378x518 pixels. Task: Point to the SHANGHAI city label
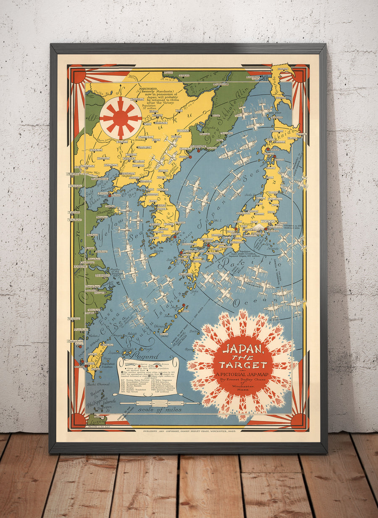coord(102,276)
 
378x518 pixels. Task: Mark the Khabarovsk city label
coord(220,84)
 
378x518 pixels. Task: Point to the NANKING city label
coord(80,266)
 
